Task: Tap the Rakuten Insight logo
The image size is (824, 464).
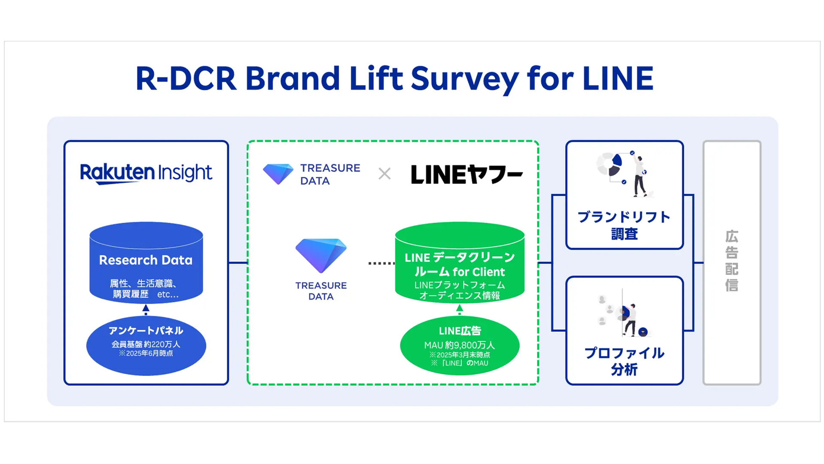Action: tap(146, 173)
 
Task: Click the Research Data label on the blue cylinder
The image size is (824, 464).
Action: tap(146, 260)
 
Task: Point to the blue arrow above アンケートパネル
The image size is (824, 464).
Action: tap(146, 308)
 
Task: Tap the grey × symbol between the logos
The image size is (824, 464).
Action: tap(385, 174)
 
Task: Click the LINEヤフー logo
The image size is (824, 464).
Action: tap(467, 174)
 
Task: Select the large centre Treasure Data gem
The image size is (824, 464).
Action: tap(321, 255)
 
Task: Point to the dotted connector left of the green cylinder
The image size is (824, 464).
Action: tap(381, 263)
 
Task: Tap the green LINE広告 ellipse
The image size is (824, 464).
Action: tap(460, 346)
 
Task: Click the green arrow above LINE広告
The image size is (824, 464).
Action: tap(460, 308)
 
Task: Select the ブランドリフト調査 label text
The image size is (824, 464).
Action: tap(624, 226)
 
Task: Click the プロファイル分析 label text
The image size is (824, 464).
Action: tap(624, 361)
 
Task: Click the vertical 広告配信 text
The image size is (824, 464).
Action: tap(732, 261)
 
